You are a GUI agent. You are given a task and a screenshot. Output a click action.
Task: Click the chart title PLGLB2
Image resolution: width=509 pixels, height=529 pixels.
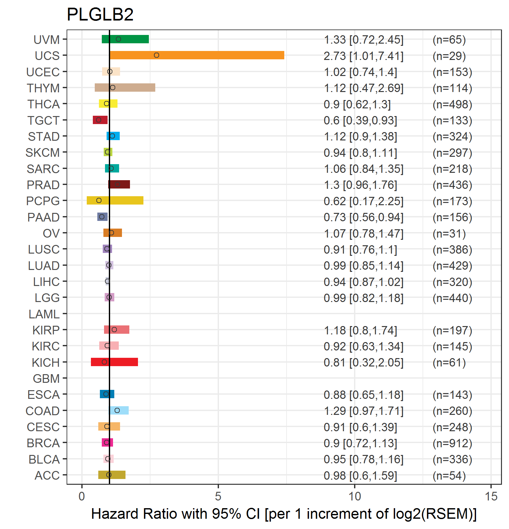click(x=100, y=14)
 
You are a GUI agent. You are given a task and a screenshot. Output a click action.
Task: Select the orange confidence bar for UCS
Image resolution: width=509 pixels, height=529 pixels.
click(x=197, y=55)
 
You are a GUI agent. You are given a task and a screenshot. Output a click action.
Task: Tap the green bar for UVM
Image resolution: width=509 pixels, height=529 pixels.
click(x=125, y=39)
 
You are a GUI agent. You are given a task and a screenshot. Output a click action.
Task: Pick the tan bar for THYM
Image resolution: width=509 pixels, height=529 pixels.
click(x=125, y=88)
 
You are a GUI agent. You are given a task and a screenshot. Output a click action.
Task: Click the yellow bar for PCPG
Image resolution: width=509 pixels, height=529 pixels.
click(x=115, y=200)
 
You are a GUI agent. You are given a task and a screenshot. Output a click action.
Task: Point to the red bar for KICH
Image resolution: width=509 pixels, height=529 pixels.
click(x=114, y=362)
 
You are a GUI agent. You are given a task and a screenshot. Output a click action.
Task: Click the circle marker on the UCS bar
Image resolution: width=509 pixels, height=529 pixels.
click(x=156, y=55)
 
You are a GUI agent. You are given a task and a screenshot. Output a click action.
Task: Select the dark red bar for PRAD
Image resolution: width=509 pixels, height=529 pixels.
click(x=119, y=184)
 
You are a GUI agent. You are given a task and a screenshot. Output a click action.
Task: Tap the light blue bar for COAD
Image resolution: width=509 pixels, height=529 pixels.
click(x=119, y=410)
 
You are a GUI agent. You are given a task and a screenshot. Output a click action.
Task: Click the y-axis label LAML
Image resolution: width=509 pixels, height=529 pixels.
click(x=44, y=314)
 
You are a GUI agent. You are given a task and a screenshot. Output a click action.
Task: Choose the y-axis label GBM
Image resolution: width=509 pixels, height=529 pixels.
click(x=46, y=379)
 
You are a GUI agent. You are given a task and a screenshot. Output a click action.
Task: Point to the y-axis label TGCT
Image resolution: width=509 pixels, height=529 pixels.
click(x=43, y=121)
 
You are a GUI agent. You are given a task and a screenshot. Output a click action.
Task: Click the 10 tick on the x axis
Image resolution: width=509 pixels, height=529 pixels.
click(x=354, y=496)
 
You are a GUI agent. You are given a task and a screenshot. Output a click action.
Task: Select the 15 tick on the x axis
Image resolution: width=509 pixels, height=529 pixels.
click(x=491, y=496)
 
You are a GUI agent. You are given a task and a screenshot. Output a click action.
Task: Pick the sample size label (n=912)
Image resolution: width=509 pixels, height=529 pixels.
click(x=452, y=443)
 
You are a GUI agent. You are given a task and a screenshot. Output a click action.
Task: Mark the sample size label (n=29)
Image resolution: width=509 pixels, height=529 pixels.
click(x=449, y=56)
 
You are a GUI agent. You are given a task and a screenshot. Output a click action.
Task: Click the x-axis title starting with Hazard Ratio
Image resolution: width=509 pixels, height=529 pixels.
click(x=284, y=514)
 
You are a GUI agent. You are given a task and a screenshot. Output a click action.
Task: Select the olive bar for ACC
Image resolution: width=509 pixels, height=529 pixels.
click(x=112, y=475)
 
